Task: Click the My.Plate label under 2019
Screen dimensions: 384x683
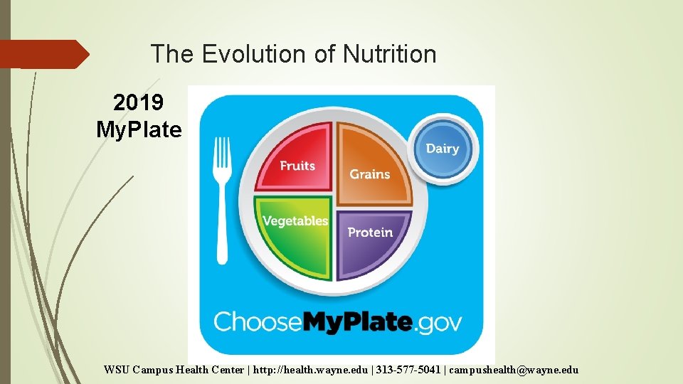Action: tap(139, 130)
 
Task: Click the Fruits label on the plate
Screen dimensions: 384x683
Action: tap(297, 166)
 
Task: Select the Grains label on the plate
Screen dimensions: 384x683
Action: tap(370, 174)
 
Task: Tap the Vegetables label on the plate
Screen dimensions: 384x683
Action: tap(295, 221)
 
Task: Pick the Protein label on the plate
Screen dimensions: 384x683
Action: tap(370, 233)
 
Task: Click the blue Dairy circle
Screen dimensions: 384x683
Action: tap(443, 149)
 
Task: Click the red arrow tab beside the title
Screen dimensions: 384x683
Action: tap(43, 54)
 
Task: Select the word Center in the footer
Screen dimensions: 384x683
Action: tap(227, 370)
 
